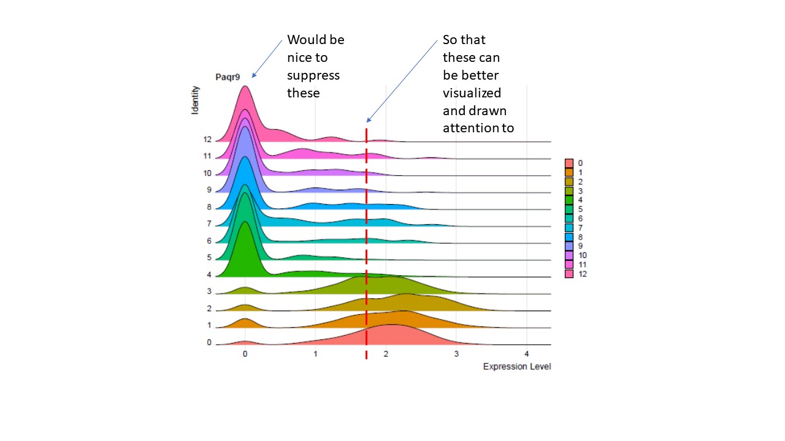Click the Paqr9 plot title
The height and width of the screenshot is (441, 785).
tap(228, 77)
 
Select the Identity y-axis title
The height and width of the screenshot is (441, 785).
tap(196, 100)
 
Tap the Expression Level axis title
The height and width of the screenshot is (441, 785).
tap(516, 367)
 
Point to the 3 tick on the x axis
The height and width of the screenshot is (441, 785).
tap(456, 355)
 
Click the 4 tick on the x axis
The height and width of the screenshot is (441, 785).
tap(526, 355)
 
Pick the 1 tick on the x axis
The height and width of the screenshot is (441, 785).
tap(315, 355)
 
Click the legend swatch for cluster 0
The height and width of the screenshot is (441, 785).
tap(569, 163)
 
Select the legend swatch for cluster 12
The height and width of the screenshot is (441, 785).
tap(569, 274)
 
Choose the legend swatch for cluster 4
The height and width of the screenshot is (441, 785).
tap(569, 200)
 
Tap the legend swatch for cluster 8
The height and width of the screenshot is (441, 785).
tap(569, 236)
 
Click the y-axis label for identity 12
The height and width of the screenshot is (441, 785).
tap(207, 139)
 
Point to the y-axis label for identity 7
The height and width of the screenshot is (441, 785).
tap(209, 224)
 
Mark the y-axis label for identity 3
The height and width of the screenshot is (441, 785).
tap(209, 292)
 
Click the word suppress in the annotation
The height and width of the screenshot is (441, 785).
tap(313, 76)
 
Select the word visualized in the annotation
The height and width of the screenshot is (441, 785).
tap(472, 93)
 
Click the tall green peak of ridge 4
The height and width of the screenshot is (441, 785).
tap(245, 245)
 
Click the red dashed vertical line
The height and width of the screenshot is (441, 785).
tap(366, 245)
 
